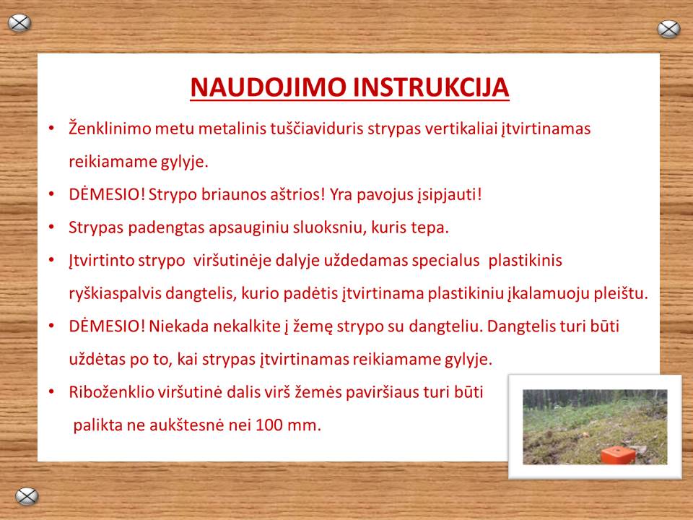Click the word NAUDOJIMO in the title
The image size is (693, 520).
coord(268,87)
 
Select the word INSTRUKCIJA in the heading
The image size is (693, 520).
coord(431,87)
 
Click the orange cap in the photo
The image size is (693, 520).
coord(618,455)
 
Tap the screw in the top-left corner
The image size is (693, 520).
coord(19,23)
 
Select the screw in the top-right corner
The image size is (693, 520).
coord(668,29)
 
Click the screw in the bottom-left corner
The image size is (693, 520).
coord(27,496)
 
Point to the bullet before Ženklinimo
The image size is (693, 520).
coord(52,129)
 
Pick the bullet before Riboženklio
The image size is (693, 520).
coord(52,392)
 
